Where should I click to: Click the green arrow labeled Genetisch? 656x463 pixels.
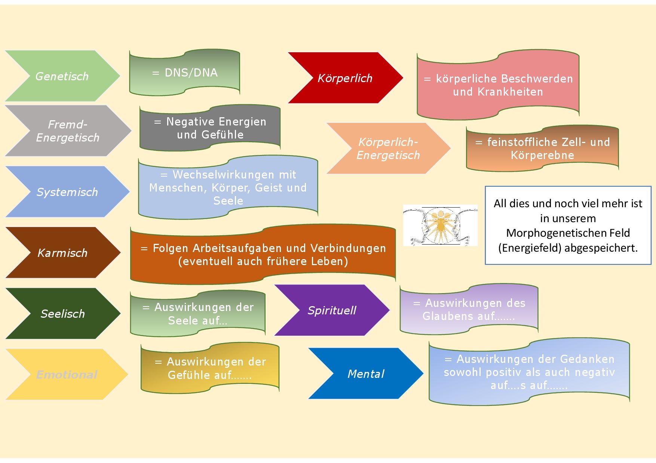(62, 76)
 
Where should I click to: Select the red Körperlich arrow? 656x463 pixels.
(345, 78)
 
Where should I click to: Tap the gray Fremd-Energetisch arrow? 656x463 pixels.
(68, 131)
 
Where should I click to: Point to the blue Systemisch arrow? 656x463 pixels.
(67, 192)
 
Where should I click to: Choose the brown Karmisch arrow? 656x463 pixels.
(62, 253)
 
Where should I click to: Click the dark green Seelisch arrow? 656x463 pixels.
(62, 314)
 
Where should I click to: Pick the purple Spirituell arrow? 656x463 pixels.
(332, 310)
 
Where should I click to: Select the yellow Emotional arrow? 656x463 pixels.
(67, 375)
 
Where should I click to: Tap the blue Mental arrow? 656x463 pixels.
(365, 374)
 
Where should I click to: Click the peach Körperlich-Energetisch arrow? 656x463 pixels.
(388, 148)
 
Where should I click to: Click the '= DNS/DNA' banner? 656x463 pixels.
(185, 72)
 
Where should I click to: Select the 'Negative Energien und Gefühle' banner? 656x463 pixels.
(210, 128)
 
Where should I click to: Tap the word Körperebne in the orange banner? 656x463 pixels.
(542, 155)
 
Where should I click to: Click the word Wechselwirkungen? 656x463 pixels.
(223, 175)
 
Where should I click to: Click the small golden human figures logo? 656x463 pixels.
(440, 225)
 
